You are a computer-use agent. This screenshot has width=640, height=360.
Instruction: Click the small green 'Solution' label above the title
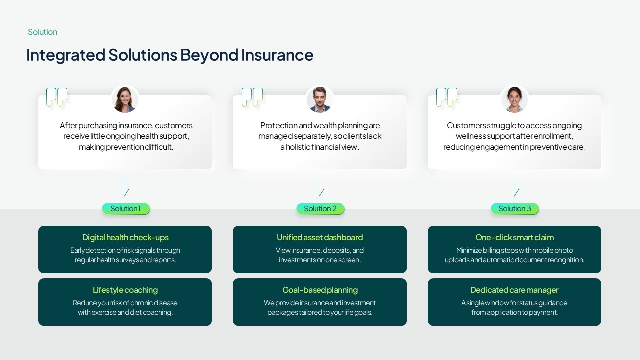pos(42,32)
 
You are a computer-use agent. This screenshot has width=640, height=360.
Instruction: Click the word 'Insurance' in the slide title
pos(277,55)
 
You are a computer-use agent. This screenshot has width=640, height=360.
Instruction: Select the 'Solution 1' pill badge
pos(126,209)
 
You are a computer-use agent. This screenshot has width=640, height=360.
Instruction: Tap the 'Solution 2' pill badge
pos(320,209)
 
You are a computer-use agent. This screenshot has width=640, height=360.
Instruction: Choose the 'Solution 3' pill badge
pos(515,209)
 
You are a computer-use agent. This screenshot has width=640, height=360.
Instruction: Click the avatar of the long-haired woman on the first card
pos(125,100)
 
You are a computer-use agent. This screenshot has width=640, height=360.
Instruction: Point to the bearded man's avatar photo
pos(320,100)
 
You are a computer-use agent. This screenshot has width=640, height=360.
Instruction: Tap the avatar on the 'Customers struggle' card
pos(514,100)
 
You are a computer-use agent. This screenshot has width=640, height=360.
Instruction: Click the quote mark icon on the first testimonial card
pos(57,97)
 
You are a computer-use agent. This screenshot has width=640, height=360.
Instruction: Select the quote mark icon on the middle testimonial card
pos(252,97)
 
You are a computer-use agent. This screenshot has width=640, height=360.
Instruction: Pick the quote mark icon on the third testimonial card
pos(447,97)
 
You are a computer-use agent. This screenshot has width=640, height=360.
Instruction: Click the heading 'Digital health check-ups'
pos(125,237)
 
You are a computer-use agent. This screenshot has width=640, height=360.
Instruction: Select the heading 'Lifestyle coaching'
pos(125,290)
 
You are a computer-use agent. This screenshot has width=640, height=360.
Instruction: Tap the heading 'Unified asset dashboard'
pos(320,237)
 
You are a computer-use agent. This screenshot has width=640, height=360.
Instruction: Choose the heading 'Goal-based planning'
pos(320,290)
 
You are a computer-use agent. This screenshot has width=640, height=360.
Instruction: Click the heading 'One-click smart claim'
pos(514,237)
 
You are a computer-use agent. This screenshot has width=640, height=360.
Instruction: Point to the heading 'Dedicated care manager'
pos(514,290)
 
